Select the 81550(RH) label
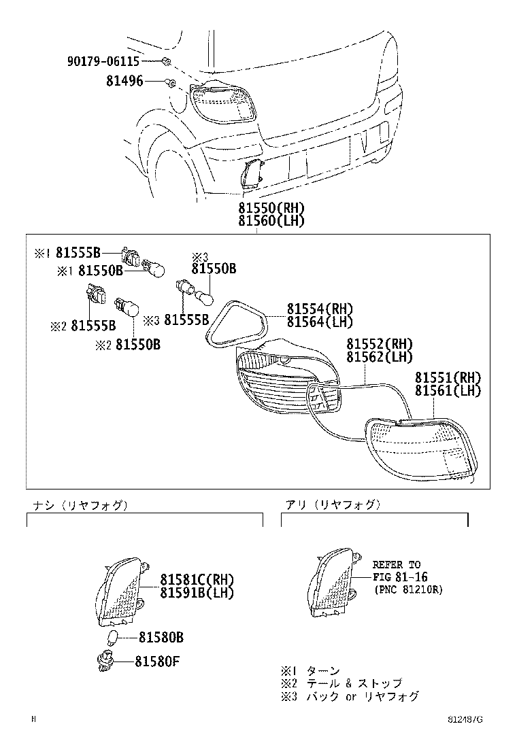[x=271, y=208]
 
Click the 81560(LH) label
[x=271, y=221]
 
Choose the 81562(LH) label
[x=380, y=357]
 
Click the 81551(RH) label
[x=448, y=378]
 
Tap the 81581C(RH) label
[x=197, y=580]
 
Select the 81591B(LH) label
[x=197, y=593]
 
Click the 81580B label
[x=161, y=638]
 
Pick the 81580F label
[x=157, y=660]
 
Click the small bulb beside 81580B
[x=115, y=638]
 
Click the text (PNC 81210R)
[x=407, y=590]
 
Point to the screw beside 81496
[x=171, y=83]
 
